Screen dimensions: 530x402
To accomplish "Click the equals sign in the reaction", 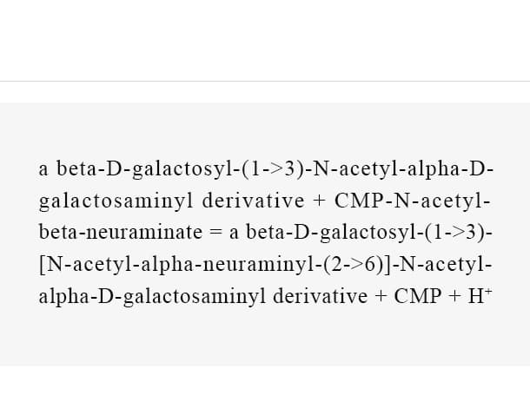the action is pos(216,232).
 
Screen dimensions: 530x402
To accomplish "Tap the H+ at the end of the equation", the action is pos(480,296).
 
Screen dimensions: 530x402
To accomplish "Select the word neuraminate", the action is pos(144,232).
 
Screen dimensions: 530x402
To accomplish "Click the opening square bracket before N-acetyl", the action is pos(42,265).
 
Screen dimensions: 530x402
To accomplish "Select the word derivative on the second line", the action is pos(253,201).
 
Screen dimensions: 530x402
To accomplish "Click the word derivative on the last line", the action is pos(320,296).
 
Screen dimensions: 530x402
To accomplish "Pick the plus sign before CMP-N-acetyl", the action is pos(320,201).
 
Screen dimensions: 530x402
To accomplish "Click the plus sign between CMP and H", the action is pos(454,296).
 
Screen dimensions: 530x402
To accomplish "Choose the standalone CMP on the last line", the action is pos(418,296).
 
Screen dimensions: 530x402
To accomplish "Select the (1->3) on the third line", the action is pos(455,233).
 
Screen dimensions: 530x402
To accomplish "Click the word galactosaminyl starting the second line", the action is pos(116,201).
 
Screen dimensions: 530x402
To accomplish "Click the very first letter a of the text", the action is pos(43,169).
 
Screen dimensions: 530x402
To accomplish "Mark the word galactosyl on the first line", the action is pos(182,169).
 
